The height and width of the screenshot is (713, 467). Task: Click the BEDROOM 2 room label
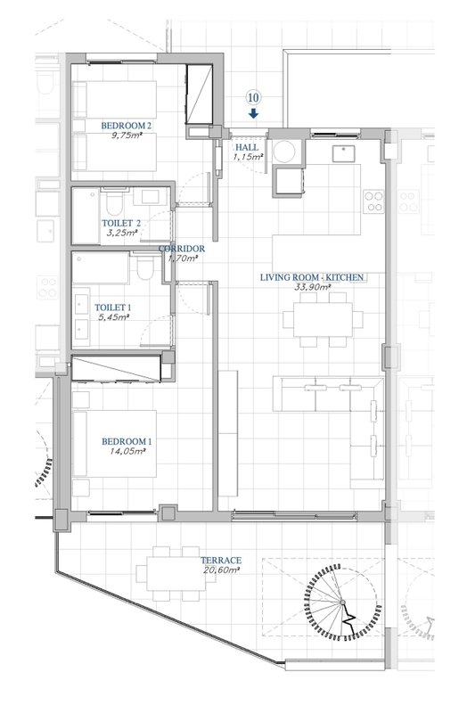point(126,126)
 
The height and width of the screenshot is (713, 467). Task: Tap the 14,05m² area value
point(127,452)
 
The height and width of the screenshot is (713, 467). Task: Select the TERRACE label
point(221,561)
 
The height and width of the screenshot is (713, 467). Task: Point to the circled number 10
point(254,97)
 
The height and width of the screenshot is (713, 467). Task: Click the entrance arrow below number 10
point(254,114)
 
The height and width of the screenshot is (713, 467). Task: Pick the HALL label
point(247,147)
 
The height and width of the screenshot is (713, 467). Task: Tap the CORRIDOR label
point(182,249)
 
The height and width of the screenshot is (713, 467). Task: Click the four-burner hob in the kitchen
point(374,202)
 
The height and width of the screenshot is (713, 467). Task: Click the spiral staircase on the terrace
point(342,602)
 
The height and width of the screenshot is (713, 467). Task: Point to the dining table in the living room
point(323,320)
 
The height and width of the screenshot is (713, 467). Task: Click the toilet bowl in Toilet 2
point(113,203)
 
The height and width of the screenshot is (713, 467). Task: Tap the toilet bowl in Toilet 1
point(145,268)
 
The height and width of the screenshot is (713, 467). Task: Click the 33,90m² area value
point(313,287)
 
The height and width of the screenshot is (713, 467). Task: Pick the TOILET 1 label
point(113,307)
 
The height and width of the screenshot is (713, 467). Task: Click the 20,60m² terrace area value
point(222,570)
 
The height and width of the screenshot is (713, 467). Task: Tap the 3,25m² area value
point(120,233)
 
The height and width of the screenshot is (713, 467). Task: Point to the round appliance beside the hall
point(284,152)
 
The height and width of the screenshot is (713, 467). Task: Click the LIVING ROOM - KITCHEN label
point(312,277)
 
